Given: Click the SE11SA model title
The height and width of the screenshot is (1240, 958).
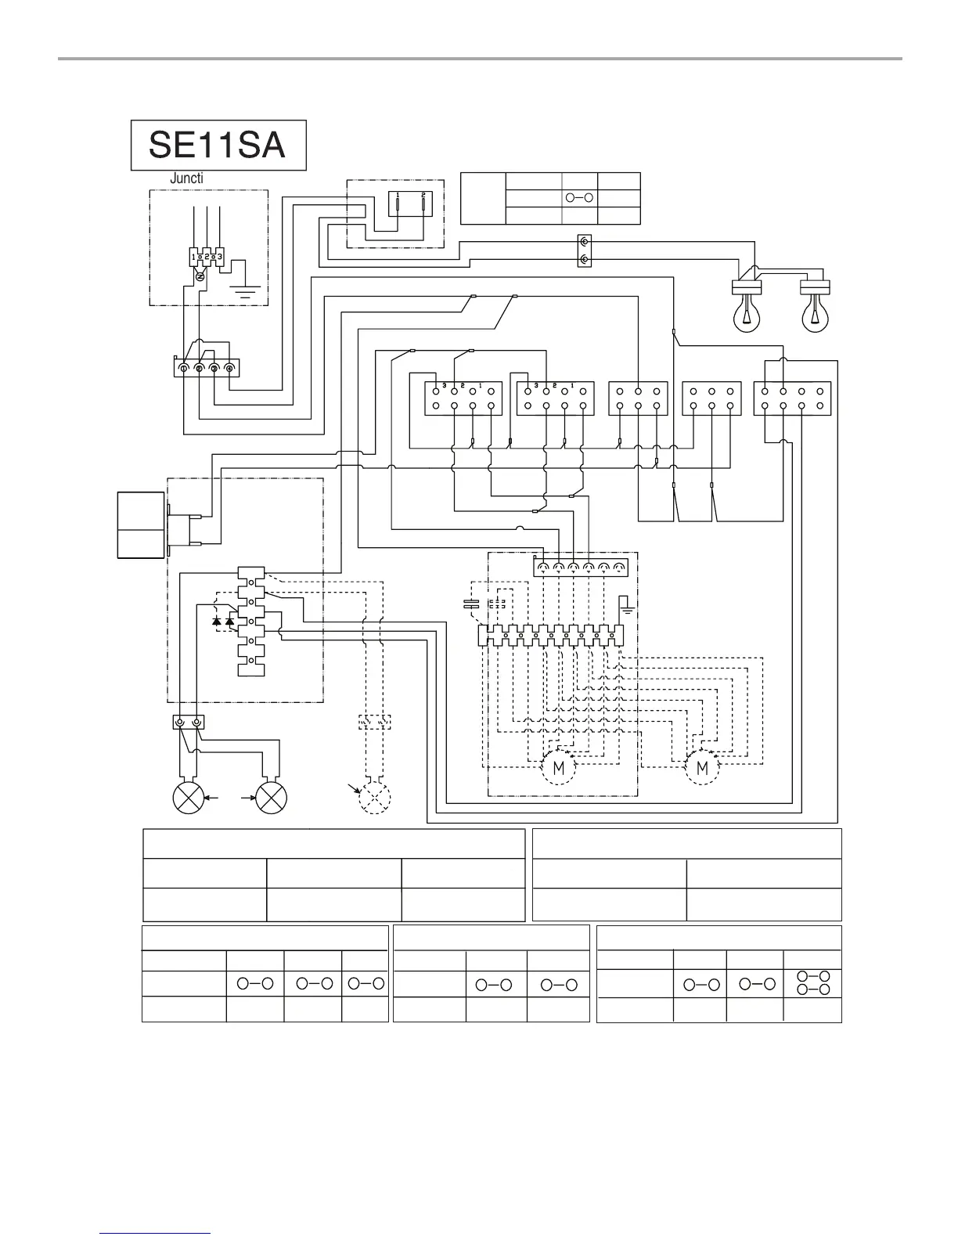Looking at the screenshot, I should point(218,145).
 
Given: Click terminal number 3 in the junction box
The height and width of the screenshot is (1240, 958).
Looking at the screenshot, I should point(220,256).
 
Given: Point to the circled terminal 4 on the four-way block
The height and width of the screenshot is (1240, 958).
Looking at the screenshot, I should point(229,367).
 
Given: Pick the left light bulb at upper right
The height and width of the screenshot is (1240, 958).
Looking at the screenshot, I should point(747,312).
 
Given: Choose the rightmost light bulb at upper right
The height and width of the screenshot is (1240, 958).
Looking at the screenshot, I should point(815,312).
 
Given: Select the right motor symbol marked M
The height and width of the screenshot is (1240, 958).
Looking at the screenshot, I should point(702,768).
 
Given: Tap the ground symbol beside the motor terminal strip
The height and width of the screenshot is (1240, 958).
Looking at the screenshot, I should point(625,604).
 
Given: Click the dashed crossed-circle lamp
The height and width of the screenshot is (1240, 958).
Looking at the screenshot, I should point(374,798).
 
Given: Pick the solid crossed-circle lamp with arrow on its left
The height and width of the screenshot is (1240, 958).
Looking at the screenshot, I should point(271,798).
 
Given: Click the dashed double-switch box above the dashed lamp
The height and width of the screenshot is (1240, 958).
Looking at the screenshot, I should point(374,721).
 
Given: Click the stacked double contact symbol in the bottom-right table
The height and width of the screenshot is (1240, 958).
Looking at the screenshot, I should point(812,983).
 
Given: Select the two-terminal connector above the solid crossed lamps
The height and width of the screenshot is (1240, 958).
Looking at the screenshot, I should point(188,723).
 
